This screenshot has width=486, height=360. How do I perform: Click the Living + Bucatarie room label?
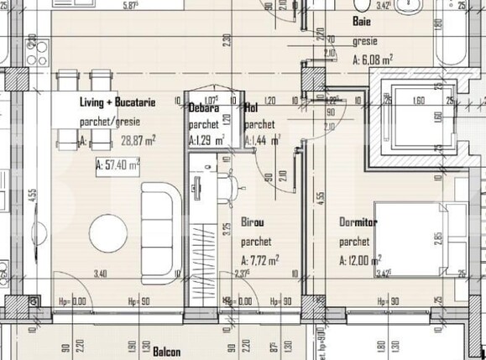118,102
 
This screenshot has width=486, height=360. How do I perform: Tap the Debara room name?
204,108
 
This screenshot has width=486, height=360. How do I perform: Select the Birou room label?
253,224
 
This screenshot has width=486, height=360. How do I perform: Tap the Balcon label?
166,352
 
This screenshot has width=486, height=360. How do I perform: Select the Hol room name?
251,108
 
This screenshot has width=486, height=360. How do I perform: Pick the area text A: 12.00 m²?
361,260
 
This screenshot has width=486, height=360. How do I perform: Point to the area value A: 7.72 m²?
260,261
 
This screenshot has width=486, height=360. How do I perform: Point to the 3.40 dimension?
100,273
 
